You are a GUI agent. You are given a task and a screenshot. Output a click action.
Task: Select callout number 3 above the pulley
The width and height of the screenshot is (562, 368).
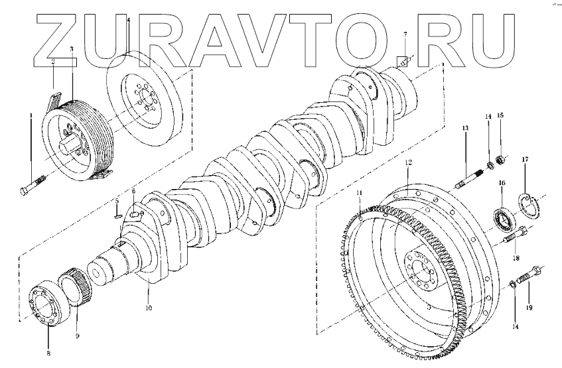(72, 50)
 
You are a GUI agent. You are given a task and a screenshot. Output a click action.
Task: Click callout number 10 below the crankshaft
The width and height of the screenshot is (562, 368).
(149, 308)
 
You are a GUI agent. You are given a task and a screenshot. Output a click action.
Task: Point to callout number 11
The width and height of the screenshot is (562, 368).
(359, 194)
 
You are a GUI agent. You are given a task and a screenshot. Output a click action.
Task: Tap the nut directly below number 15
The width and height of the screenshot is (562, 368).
(501, 161)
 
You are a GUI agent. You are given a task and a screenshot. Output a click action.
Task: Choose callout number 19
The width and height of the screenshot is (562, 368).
(529, 308)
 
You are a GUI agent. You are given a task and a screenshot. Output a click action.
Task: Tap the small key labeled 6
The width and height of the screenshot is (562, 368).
(137, 214)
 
